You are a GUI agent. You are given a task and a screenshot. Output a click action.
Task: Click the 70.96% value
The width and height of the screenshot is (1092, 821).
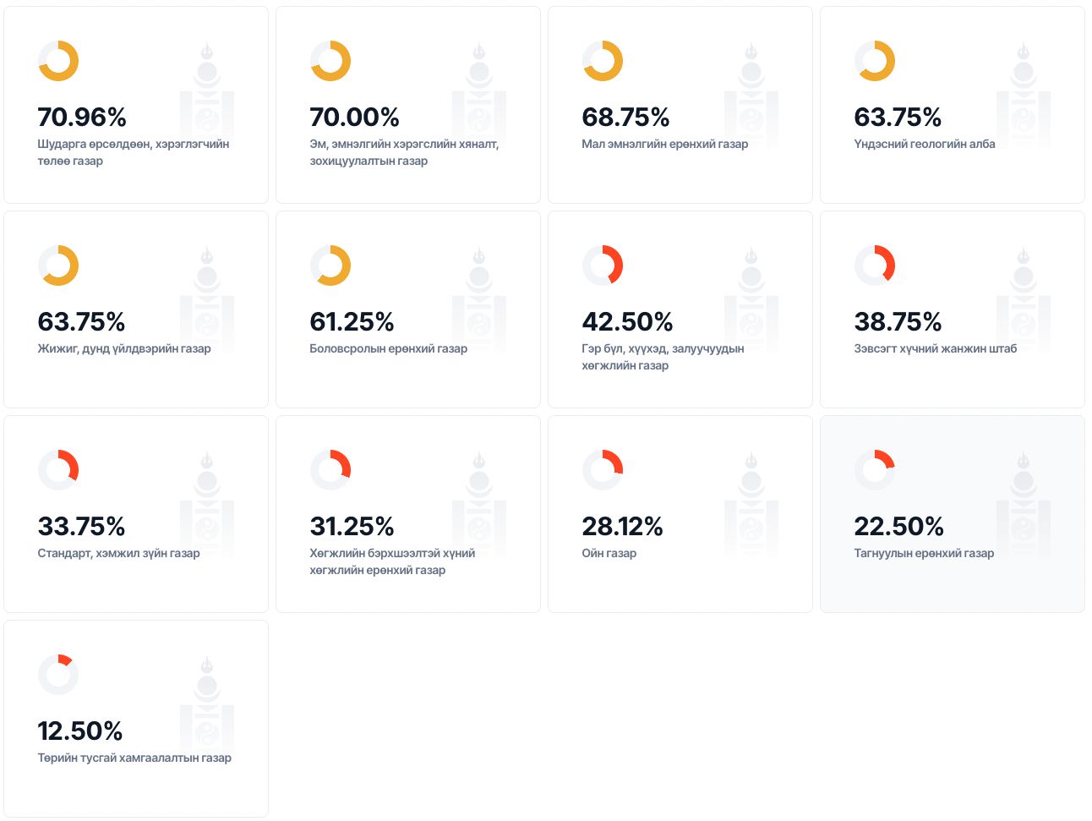pos(82,117)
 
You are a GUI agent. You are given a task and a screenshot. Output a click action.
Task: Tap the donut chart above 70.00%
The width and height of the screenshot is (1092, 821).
pos(330,61)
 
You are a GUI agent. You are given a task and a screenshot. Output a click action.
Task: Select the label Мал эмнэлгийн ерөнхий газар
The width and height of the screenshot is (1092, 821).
pos(664,144)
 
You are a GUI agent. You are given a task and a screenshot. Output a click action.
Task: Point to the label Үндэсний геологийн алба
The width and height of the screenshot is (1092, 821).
pos(924,144)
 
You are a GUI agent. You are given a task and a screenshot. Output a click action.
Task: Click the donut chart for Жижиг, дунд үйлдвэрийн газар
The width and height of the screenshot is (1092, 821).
pos(58,265)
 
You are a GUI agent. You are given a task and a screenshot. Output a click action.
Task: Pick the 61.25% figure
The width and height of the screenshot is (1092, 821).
pos(352,321)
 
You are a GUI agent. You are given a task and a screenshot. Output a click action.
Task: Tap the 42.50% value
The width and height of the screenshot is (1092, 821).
pos(627,321)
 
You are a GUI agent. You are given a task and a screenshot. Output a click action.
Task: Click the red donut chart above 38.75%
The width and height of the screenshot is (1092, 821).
pos(875,265)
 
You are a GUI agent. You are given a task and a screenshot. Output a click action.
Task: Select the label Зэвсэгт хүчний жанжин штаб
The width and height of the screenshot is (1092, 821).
pos(935,348)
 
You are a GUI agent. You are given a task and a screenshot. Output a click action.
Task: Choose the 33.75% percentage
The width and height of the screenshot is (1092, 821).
pos(81,526)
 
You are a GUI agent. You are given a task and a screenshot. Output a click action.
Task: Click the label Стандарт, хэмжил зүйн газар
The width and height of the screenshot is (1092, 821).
pos(118,553)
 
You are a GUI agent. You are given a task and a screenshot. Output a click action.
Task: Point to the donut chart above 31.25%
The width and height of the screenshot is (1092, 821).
pos(330,470)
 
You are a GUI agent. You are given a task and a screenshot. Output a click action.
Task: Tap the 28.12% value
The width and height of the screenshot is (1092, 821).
pos(622,526)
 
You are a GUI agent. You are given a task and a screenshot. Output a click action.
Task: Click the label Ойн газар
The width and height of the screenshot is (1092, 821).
pos(609,553)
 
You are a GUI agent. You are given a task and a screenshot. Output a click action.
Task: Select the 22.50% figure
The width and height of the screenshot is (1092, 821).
pos(898,526)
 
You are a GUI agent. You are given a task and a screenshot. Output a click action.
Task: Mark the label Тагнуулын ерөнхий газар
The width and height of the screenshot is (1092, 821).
pos(924,553)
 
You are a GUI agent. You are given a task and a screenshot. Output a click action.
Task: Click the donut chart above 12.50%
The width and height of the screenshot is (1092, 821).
pos(58,675)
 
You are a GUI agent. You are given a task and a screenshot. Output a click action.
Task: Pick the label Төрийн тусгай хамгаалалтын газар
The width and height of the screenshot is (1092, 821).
pos(134,758)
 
